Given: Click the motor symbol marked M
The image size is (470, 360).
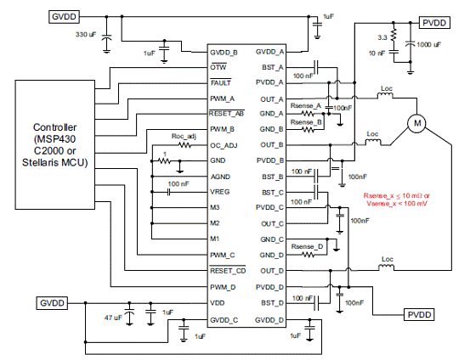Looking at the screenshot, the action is pos(416,123).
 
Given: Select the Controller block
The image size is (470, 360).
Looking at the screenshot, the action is pos(55,144).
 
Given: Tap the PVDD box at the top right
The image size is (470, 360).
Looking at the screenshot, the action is pos(434,23).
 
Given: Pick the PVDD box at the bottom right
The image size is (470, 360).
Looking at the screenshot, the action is pos(419,314).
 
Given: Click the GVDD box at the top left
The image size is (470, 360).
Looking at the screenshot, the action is pos(64,17).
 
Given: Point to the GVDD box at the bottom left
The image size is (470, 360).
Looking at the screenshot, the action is pos(52,303).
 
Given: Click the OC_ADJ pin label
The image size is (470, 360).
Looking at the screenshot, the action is pos(224,145).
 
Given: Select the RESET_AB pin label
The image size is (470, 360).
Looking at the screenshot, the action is pos(226,114).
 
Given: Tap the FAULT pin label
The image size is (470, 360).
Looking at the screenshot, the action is pos(221,82).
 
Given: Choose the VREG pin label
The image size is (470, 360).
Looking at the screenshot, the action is pos(220,192).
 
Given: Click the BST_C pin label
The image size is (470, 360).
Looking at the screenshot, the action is pos(273,193).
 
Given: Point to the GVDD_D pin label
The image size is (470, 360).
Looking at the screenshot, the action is pos(269,320).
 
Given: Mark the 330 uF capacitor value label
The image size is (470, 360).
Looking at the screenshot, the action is pos(86,35).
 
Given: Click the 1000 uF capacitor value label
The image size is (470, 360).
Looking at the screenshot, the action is pos(429,45).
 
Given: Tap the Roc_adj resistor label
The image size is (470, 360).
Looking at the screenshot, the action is pos(184,137).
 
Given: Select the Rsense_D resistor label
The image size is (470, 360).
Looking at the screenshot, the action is pos(307,246).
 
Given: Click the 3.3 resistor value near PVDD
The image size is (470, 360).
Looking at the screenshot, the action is pos(382,37).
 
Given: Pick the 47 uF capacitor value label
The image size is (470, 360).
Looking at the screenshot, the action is pos(113,318).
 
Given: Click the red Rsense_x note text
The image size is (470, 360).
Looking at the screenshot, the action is pos(397,200).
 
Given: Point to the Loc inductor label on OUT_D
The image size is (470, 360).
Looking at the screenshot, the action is pos(388,259).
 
